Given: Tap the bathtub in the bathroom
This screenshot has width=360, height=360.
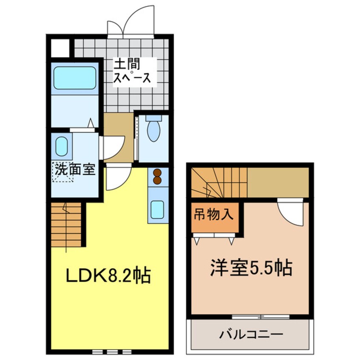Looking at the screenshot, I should click(74, 78).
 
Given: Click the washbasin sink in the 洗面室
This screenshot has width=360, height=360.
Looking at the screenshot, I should click(62, 146).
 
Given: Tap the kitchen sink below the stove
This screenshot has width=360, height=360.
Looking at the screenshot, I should click(158, 209).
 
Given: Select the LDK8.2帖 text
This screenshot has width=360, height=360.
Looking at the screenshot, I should click(107, 276).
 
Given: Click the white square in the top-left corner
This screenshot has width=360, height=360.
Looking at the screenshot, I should click(60, 48).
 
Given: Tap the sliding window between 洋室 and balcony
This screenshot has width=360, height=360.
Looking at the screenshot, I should click(261, 317).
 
